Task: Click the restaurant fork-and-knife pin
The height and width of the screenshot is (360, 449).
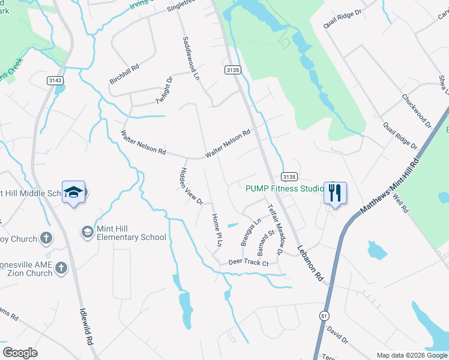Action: [335, 193]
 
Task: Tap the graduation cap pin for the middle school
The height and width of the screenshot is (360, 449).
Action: [73, 192]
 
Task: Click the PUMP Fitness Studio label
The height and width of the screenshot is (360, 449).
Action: [285, 188]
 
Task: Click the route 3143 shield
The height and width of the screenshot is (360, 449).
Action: [55, 80]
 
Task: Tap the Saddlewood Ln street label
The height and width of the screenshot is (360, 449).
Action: [190, 58]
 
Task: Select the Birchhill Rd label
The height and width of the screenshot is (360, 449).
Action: [124, 74]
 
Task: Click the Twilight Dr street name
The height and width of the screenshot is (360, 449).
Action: [164, 90]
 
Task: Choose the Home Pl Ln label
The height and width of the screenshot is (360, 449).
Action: [216, 230]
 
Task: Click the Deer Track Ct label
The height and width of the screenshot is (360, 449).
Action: [248, 263]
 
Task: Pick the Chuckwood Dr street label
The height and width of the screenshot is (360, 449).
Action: [417, 110]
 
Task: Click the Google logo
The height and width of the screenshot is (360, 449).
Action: [20, 353]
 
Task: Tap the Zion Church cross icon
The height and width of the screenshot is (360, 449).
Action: [61, 269]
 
